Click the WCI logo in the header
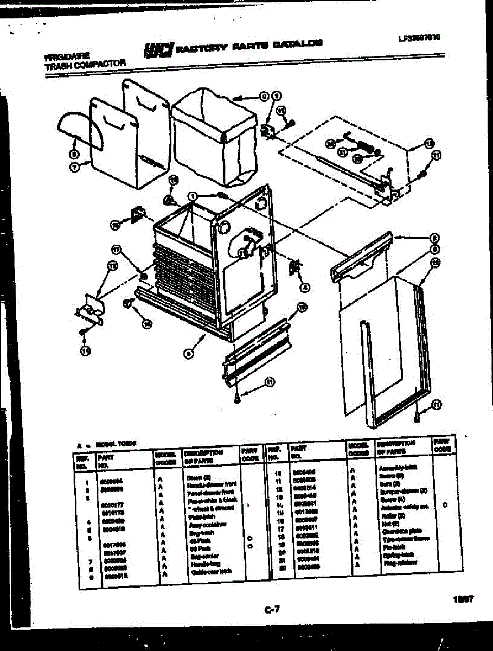pyautogui.click(x=158, y=49)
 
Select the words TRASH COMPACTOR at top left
pyautogui.click(x=85, y=63)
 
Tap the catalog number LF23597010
pyautogui.click(x=418, y=37)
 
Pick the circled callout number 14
pyautogui.click(x=85, y=351)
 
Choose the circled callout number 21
pyautogui.click(x=342, y=152)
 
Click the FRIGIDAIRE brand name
pyautogui.click(x=68, y=55)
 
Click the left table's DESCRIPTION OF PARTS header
pyautogui.click(x=203, y=456)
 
